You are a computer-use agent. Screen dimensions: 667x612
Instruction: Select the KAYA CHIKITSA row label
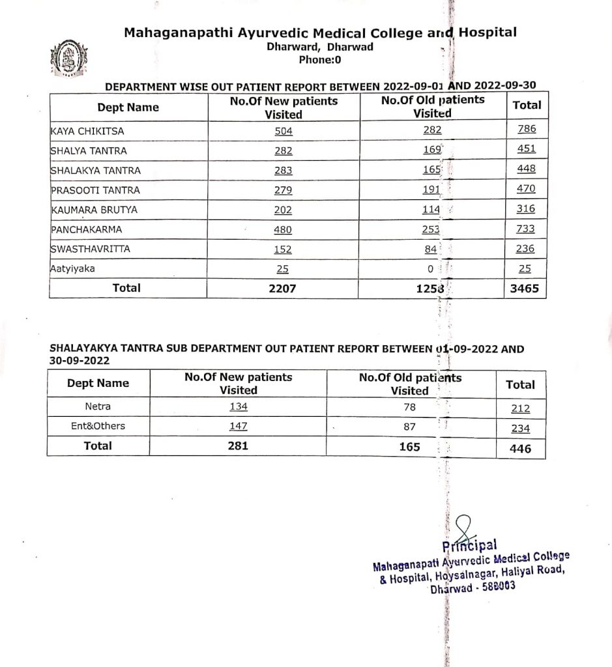(x=87, y=131)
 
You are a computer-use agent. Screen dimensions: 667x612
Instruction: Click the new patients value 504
(x=284, y=131)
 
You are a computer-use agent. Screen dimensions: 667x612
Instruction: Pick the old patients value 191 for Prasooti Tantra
(x=431, y=190)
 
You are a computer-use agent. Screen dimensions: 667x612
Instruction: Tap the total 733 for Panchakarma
(x=526, y=229)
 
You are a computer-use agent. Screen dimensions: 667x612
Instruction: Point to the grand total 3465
(x=525, y=289)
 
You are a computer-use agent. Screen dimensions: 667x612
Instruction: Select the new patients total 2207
(x=282, y=288)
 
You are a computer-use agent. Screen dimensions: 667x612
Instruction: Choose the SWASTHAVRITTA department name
(x=89, y=249)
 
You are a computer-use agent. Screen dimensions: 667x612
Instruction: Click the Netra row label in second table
(x=98, y=406)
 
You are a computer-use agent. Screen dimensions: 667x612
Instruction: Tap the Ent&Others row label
(x=98, y=426)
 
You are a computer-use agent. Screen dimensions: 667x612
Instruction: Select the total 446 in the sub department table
(x=520, y=449)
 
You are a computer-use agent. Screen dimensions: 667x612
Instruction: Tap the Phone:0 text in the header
(x=319, y=60)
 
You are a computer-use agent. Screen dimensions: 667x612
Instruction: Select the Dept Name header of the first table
(x=128, y=107)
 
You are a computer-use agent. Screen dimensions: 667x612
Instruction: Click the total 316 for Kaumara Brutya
(x=526, y=209)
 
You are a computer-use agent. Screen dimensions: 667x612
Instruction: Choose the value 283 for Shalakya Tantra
(x=284, y=171)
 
